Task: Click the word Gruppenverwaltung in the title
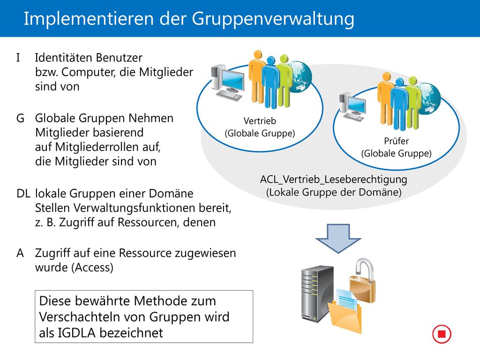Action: coord(273,19)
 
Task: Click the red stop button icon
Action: coord(442,334)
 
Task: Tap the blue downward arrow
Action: coord(338,239)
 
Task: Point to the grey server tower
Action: coord(317,294)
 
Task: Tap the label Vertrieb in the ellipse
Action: coord(260,121)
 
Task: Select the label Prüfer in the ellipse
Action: coord(397,141)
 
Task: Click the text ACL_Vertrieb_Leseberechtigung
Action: coord(334,179)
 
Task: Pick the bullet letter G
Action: coord(20,118)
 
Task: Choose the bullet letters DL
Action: coord(23,194)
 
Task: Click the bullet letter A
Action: coord(20,253)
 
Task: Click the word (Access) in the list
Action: coord(92,268)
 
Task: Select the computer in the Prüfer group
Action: coord(352,107)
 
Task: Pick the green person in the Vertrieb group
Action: coord(285,81)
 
